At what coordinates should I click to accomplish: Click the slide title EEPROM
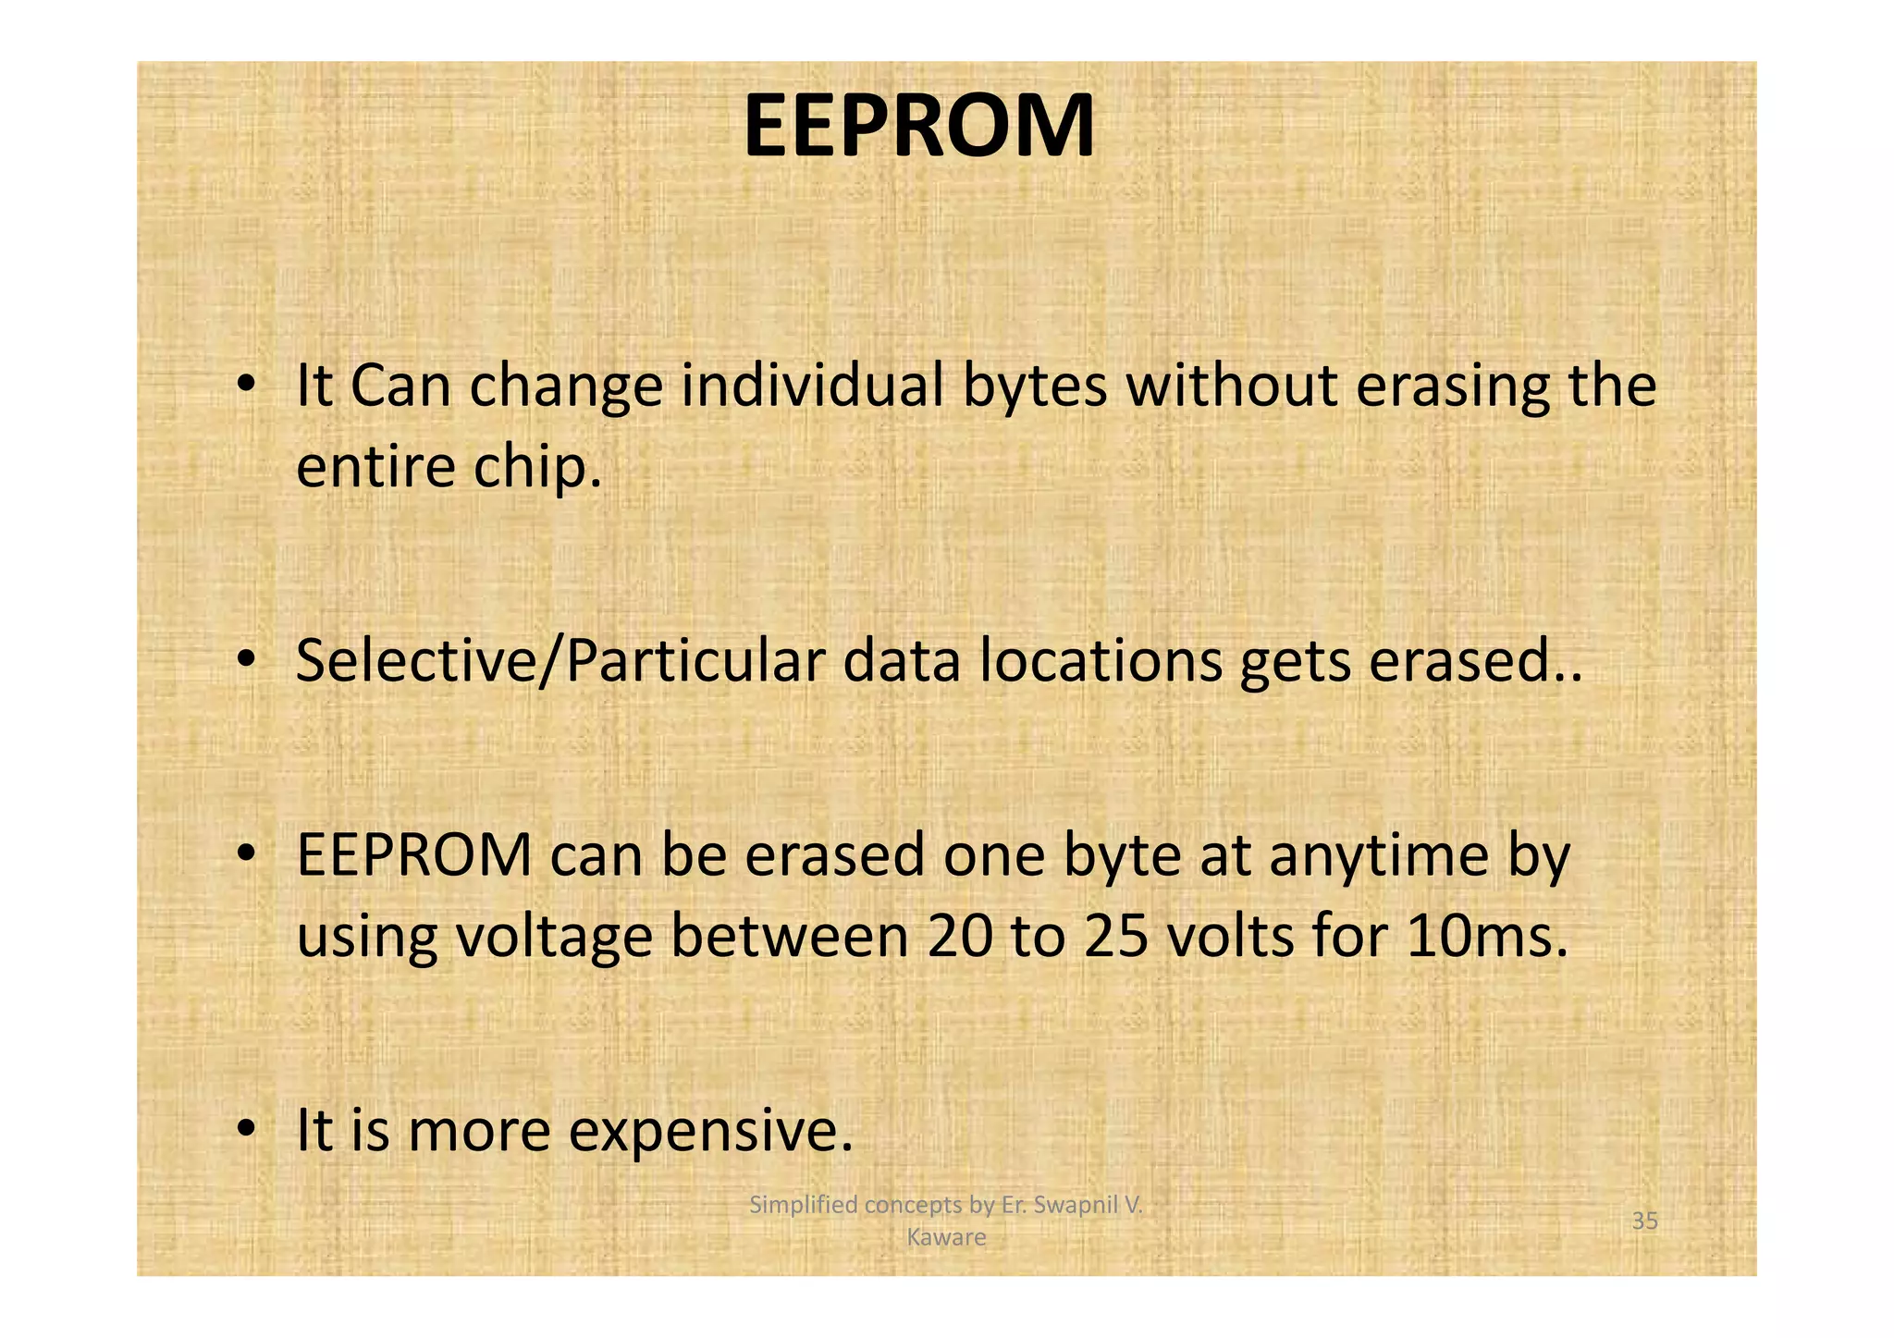pos(918,128)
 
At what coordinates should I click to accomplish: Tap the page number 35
pos(1644,1221)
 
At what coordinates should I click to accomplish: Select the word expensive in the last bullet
pos(710,1132)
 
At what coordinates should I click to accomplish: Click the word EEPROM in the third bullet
pos(413,855)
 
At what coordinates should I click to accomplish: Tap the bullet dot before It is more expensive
pos(245,1129)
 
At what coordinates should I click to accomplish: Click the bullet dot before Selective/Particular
pos(245,659)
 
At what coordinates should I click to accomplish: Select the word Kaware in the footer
pos(946,1238)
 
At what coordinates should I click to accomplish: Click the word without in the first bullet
pos(1231,387)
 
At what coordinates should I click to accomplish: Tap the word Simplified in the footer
pos(796,1206)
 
